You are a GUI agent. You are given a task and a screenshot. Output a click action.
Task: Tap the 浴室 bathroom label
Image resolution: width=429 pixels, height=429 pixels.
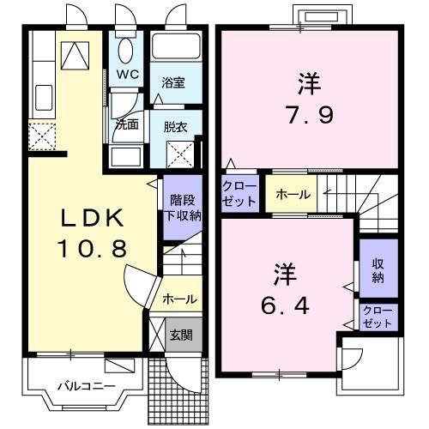[173, 83]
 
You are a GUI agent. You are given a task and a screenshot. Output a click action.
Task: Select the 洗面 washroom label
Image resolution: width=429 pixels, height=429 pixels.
[127, 124]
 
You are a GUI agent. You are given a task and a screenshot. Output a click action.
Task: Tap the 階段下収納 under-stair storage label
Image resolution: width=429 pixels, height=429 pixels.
[182, 208]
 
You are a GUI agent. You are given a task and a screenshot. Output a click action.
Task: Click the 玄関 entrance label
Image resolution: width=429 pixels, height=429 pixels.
[180, 335]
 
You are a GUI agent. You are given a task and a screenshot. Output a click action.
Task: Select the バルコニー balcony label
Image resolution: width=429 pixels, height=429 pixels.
[87, 386]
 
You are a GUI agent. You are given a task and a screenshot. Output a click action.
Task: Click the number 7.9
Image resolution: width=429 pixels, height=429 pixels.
[309, 114]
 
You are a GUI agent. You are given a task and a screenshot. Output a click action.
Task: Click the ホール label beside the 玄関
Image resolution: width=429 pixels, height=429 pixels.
[178, 299]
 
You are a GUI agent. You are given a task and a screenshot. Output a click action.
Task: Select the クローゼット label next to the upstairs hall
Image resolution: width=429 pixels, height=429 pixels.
[239, 194]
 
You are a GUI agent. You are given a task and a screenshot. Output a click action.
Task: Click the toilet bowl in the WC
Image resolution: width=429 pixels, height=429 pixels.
[126, 51]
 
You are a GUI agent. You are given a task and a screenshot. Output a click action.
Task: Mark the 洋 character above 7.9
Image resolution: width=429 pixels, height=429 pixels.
[309, 83]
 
